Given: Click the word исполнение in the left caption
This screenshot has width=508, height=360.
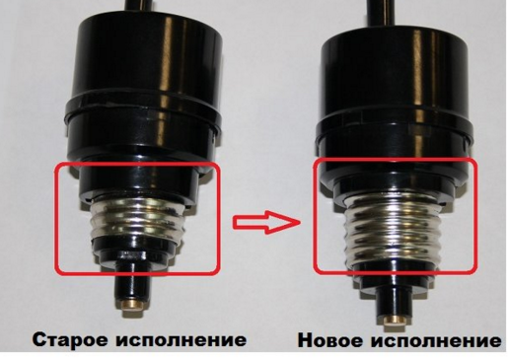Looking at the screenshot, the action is (x=181, y=339).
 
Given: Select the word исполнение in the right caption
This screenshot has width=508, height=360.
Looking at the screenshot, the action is (x=436, y=340).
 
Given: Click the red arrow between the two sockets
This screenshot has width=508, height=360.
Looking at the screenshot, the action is (x=266, y=223).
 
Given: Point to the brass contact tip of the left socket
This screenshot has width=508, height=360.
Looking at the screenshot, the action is (x=133, y=305).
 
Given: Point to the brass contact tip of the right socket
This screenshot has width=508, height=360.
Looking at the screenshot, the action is (x=393, y=320).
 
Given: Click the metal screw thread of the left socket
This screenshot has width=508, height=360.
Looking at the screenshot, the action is (x=137, y=218).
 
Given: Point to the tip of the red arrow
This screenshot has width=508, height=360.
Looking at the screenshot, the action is (x=300, y=223).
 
